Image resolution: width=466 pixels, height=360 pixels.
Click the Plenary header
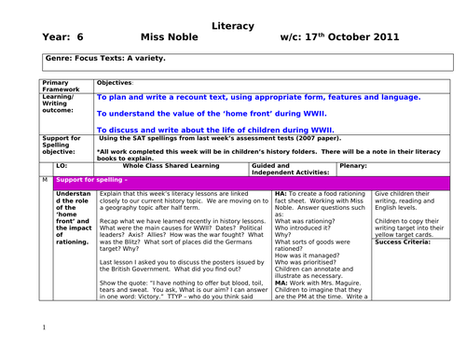(x=353, y=166)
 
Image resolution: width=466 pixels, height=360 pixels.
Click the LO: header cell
(x=62, y=166)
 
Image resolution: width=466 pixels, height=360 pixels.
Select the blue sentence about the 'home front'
(x=215, y=113)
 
